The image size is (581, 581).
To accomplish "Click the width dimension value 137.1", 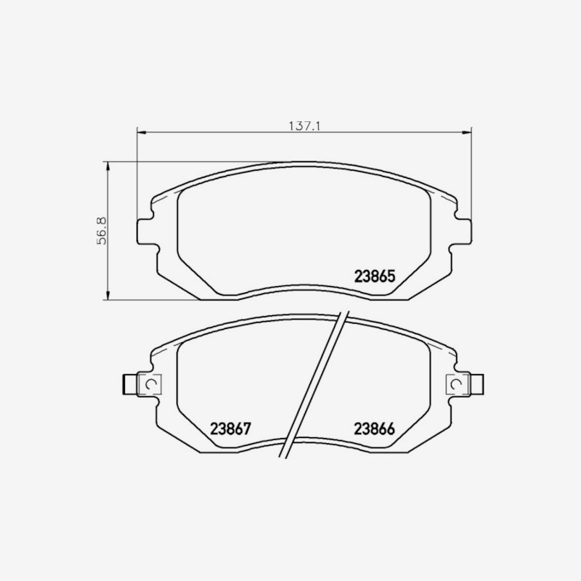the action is click(304, 126).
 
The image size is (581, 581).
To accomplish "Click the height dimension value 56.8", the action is click(102, 230).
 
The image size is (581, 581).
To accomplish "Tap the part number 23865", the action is click(375, 276).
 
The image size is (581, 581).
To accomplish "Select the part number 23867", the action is click(230, 428).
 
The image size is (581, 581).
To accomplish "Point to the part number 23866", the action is click(374, 428).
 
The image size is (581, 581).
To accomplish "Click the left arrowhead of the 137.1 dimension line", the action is click(142, 132).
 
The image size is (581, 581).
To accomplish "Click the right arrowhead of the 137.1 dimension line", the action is click(467, 132).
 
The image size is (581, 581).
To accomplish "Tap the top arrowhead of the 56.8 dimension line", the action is click(107, 166).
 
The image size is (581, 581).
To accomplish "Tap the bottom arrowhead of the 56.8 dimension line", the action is click(107, 295).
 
